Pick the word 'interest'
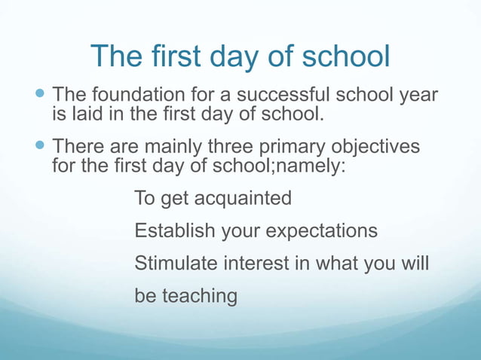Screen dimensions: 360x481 pyautogui.click(x=256, y=264)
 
